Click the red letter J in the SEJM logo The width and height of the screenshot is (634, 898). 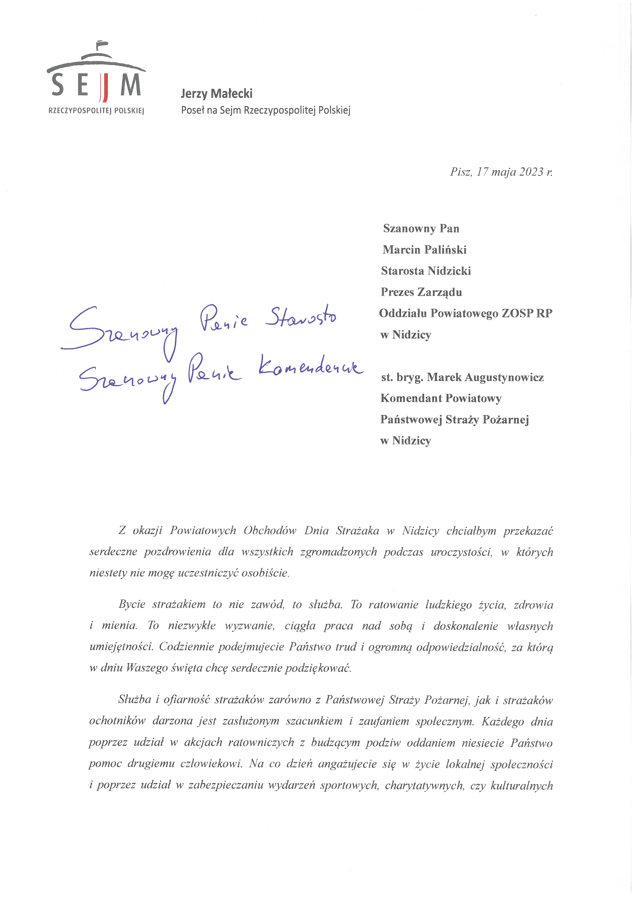(104, 87)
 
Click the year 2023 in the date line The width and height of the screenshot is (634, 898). (531, 172)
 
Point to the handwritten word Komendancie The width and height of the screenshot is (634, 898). (310, 369)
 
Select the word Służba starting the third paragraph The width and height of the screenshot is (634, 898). (134, 699)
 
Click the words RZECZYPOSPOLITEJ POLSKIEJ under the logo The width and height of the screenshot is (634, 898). (96, 111)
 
